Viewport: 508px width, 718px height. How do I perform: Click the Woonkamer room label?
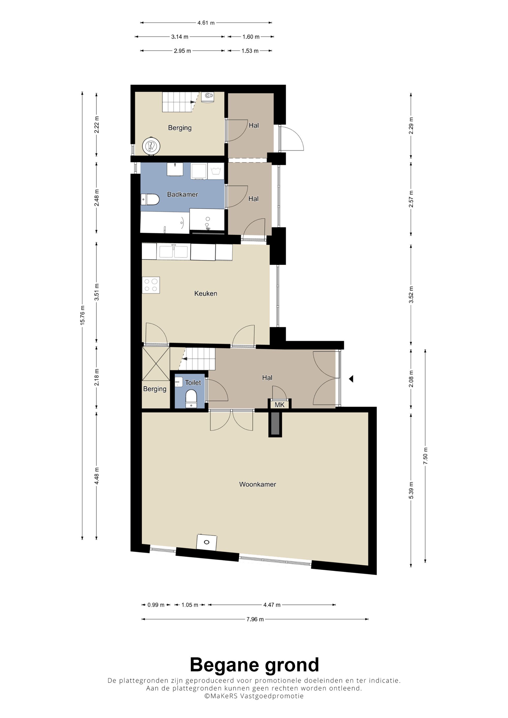pyautogui.click(x=257, y=484)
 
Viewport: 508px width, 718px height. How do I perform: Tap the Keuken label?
pyautogui.click(x=206, y=293)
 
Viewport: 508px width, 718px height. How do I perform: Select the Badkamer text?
pyautogui.click(x=182, y=195)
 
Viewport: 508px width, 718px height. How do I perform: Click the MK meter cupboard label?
pyautogui.click(x=279, y=405)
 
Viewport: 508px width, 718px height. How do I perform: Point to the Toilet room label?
pyautogui.click(x=193, y=382)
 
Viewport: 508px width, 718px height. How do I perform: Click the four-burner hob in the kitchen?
pyautogui.click(x=151, y=285)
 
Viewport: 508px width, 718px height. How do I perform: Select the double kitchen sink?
pyautogui.click(x=174, y=252)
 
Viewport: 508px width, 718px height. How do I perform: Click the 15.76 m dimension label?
pyautogui.click(x=82, y=315)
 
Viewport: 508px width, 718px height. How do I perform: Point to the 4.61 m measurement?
pyautogui.click(x=206, y=23)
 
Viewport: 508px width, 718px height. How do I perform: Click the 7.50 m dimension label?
pyautogui.click(x=425, y=456)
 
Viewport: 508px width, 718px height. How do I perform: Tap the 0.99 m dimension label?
pyautogui.click(x=156, y=605)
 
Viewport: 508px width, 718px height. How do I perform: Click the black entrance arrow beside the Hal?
pyautogui.click(x=351, y=379)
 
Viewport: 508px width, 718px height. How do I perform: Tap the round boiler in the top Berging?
pyautogui.click(x=151, y=146)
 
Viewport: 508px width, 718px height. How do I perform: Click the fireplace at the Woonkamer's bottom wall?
pyautogui.click(x=207, y=542)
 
